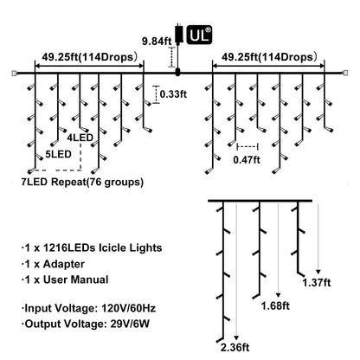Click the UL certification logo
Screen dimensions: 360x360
click(x=199, y=35)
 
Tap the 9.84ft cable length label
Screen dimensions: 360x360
click(x=157, y=42)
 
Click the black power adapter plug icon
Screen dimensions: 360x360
click(x=178, y=33)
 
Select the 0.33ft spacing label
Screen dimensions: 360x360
click(x=173, y=94)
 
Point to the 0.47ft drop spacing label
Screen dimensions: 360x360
click(x=247, y=159)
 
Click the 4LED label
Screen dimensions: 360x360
click(x=80, y=138)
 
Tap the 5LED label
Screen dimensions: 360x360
click(x=58, y=154)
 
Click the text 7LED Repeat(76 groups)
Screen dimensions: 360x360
click(x=82, y=182)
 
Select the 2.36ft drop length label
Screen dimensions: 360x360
click(x=235, y=347)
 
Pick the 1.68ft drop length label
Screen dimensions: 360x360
click(x=275, y=305)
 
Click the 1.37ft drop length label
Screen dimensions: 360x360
click(x=317, y=282)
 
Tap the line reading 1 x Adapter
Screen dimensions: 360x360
click(x=54, y=264)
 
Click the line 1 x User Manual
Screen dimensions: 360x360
click(x=65, y=280)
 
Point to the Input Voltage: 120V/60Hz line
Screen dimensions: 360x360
click(x=89, y=308)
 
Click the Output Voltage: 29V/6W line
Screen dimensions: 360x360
click(x=86, y=324)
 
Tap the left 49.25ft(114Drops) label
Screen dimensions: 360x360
click(x=89, y=57)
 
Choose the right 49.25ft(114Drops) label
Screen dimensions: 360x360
click(x=269, y=57)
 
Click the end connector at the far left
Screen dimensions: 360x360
click(x=14, y=74)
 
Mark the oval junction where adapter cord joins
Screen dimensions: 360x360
click(x=177, y=73)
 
